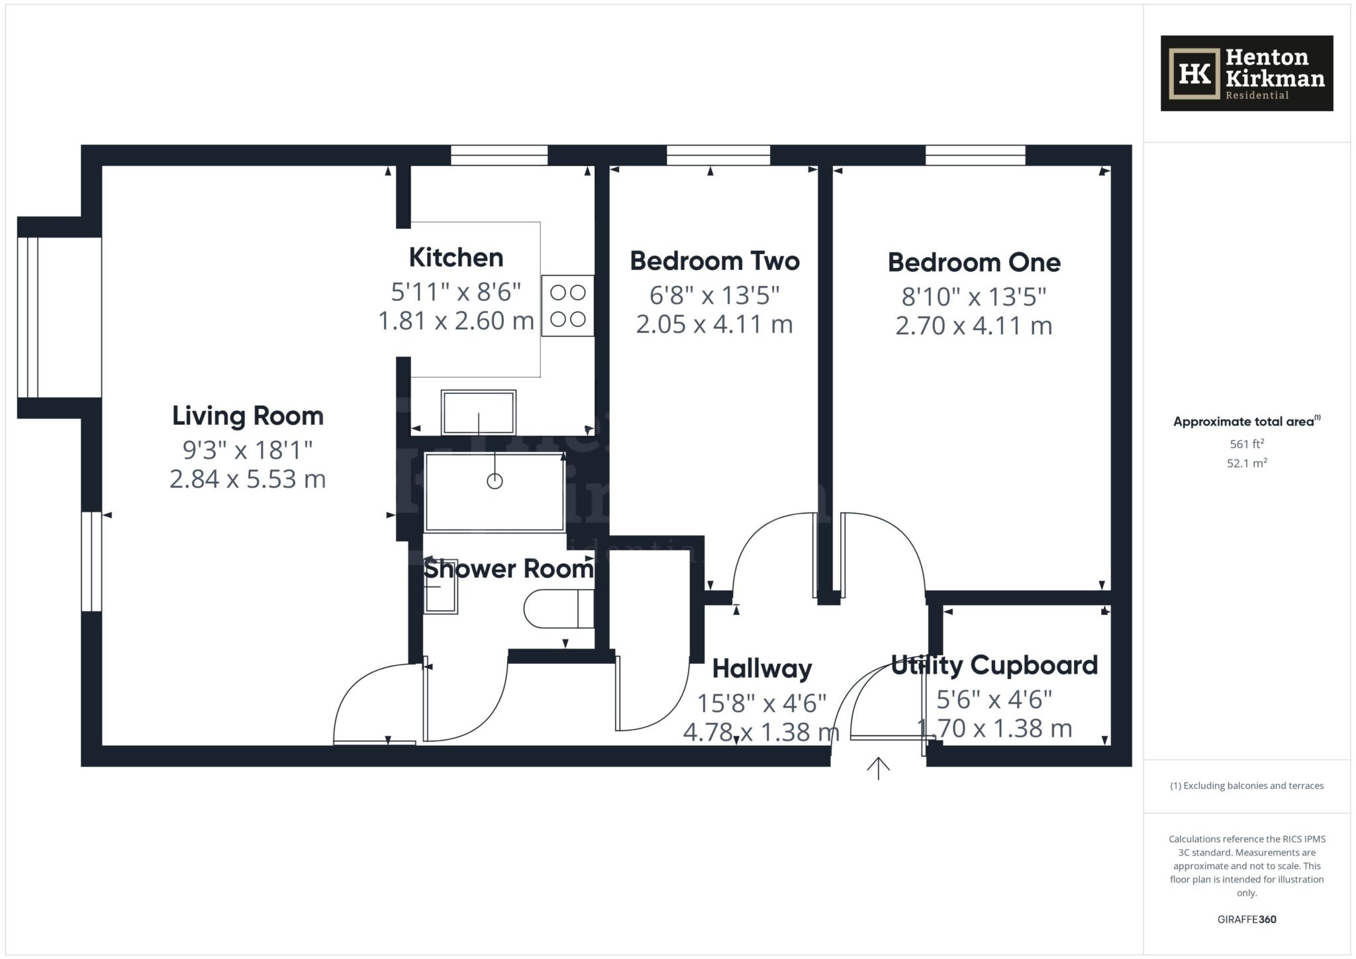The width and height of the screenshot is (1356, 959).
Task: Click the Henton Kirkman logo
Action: tap(1246, 73)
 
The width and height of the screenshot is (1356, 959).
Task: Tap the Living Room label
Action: tap(248, 416)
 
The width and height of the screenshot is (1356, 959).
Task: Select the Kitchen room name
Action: tap(456, 257)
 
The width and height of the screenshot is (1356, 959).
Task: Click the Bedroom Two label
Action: tap(714, 261)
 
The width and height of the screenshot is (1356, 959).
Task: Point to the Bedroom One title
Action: tap(974, 263)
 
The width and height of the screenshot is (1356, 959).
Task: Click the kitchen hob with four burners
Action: tap(568, 306)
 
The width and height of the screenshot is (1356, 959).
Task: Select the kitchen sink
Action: tap(478, 412)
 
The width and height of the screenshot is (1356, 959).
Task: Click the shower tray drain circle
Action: tap(495, 481)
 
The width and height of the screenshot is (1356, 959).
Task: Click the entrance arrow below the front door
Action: tap(878, 768)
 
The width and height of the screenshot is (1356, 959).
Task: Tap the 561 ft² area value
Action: tap(1247, 444)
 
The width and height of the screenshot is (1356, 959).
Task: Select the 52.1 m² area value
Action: tap(1247, 463)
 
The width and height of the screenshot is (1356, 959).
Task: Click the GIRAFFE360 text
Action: tap(1247, 919)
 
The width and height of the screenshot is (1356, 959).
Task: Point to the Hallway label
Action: tap(762, 669)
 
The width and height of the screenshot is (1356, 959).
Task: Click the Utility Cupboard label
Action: tap(994, 665)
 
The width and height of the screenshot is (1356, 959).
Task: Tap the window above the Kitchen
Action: tap(499, 155)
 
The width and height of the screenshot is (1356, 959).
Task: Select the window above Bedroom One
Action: tap(975, 155)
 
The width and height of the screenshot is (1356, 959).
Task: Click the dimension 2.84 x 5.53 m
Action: tap(248, 479)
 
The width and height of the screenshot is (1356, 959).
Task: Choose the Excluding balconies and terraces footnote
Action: tap(1247, 786)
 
